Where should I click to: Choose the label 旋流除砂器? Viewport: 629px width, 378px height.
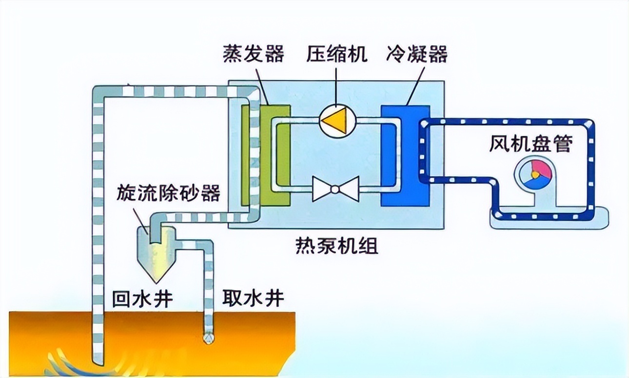[x=168, y=193]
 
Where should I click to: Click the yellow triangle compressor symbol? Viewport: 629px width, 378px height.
[x=337, y=119]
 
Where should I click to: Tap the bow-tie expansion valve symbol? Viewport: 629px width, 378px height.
[x=335, y=189]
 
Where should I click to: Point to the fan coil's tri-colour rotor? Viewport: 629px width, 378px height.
[x=534, y=173]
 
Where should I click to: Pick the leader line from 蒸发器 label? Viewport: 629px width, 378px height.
[x=261, y=85]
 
